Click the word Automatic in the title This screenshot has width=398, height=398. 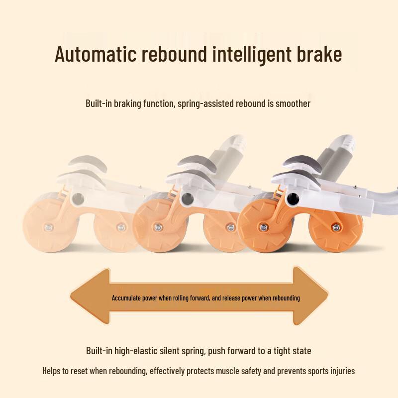click(x=96, y=54)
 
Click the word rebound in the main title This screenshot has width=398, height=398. click(x=175, y=54)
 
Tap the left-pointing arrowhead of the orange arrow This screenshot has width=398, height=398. click(x=90, y=296)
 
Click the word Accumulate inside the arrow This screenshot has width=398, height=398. click(x=126, y=298)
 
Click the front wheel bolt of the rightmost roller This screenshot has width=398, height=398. click(x=264, y=228)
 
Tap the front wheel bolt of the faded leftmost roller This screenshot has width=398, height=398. click(x=48, y=227)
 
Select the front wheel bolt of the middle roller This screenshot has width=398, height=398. click(x=158, y=227)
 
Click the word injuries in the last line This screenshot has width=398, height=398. click(x=342, y=371)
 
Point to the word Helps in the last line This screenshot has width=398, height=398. click(x=52, y=371)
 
